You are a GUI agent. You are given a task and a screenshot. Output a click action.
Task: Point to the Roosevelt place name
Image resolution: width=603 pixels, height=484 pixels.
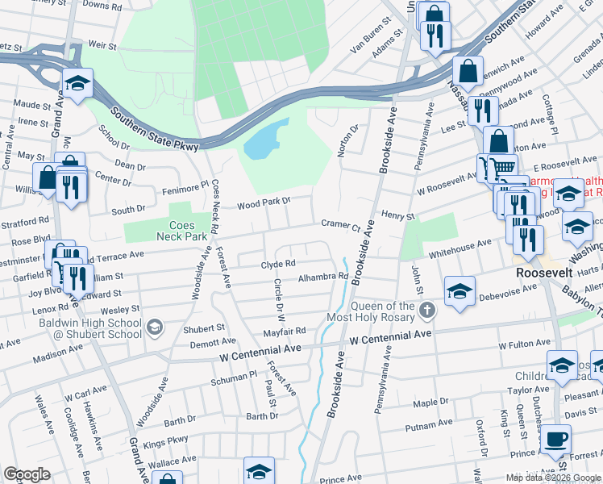[x=544, y=273]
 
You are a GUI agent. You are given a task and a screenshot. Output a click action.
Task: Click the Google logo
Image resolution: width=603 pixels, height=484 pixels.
[x=27, y=474]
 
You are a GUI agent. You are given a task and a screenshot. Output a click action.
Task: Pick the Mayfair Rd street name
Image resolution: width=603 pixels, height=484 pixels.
[x=285, y=331]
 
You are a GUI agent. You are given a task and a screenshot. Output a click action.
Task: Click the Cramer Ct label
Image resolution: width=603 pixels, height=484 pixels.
[x=339, y=225]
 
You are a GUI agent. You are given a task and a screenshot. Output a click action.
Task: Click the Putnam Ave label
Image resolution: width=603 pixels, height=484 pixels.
[x=429, y=423]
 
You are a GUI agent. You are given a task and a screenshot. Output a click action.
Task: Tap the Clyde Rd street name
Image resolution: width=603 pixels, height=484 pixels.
[x=278, y=263]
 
